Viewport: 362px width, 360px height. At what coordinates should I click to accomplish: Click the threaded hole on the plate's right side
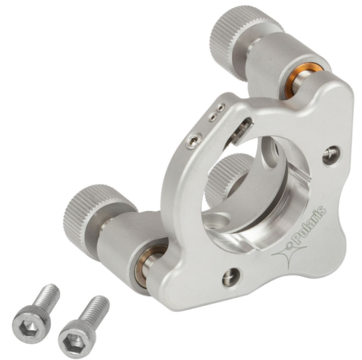[x=331, y=155]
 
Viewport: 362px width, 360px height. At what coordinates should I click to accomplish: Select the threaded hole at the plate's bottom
[x=231, y=277]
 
